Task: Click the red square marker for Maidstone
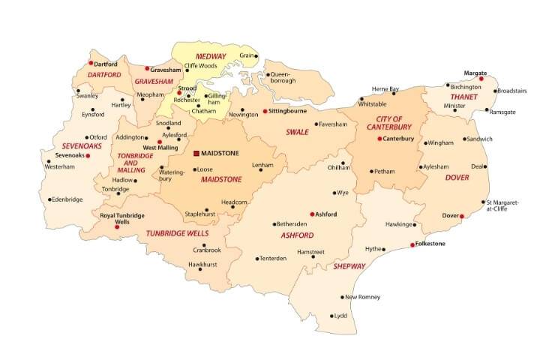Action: [196, 153]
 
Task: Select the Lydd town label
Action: [341, 316]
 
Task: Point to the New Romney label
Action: [362, 297]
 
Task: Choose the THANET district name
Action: [464, 97]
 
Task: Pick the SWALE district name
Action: [298, 132]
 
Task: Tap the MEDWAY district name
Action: [211, 57]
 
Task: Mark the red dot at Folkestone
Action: [412, 244]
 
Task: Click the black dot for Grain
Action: [256, 56]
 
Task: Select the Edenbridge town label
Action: [66, 199]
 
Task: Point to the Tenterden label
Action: [274, 258]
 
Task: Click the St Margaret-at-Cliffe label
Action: [500, 206]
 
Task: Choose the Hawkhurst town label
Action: [202, 265]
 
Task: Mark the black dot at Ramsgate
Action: [486, 111]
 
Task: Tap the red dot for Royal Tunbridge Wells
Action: [116, 226]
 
